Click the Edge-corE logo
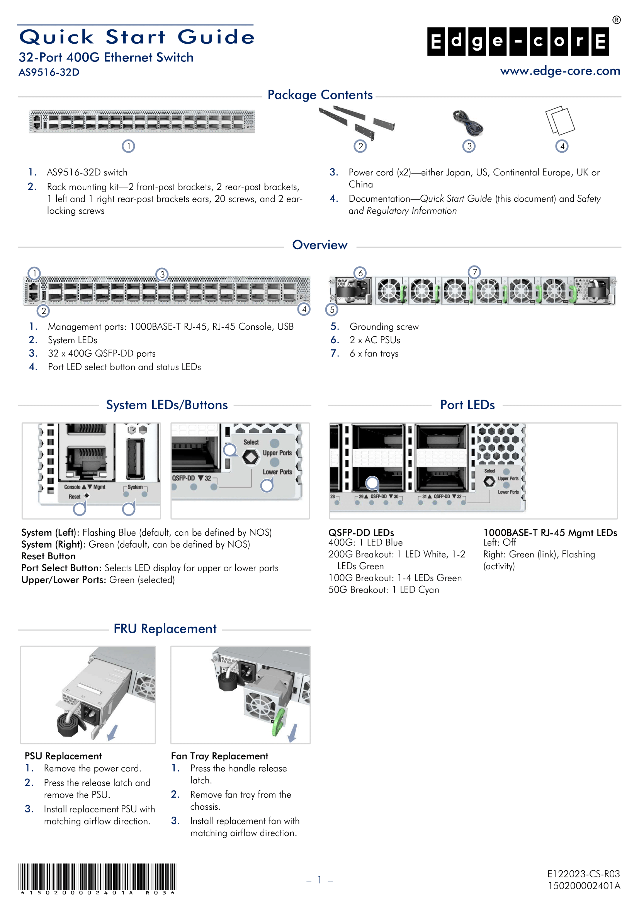click(518, 41)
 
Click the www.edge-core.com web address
click(559, 71)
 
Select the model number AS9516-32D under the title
click(49, 72)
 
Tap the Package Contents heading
click(320, 95)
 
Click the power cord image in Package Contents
click(468, 123)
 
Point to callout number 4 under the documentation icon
click(561, 146)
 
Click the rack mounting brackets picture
click(356, 121)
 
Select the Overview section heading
click(319, 245)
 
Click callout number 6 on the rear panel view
click(360, 273)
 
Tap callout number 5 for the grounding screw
click(332, 310)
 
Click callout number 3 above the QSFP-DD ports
click(162, 274)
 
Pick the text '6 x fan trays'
click(374, 354)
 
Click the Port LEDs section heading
click(467, 405)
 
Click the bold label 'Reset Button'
click(48, 556)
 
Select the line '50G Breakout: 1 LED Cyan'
click(384, 589)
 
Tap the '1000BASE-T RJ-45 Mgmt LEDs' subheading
click(550, 532)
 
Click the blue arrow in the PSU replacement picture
click(112, 732)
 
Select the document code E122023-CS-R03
click(583, 874)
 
